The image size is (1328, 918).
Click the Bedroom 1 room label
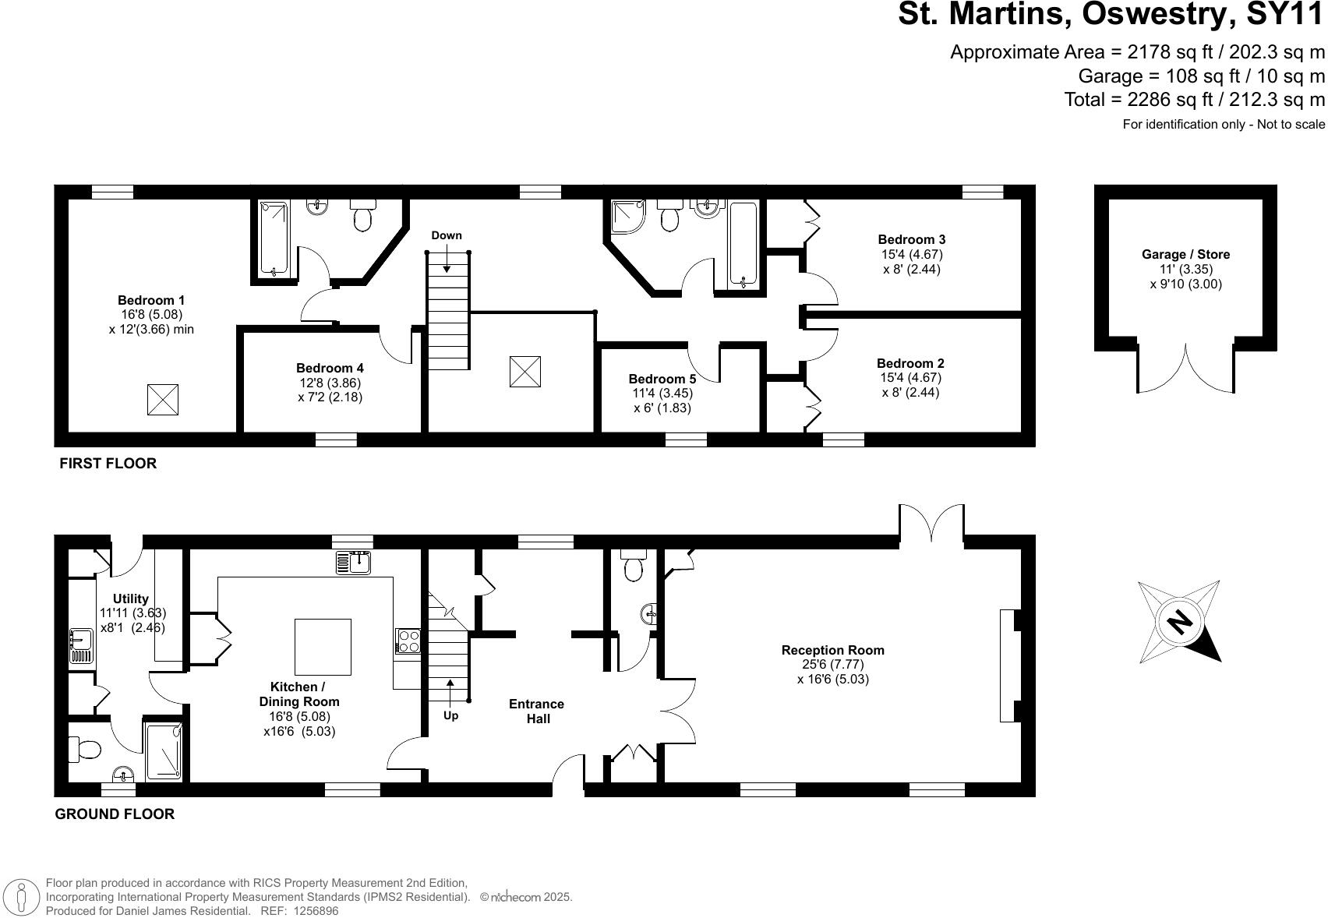tap(151, 300)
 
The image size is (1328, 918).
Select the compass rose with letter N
tap(1179, 621)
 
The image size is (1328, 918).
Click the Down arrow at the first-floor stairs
tap(447, 259)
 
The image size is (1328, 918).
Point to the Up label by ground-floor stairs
tap(450, 715)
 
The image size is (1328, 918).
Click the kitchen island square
tap(323, 647)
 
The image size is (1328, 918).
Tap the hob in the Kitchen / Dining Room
tap(408, 641)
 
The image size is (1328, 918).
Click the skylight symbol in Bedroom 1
tap(163, 400)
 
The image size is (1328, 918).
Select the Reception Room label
tap(832, 650)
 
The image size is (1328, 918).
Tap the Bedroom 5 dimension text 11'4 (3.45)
tap(662, 394)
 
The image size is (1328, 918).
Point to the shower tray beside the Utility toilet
tap(164, 750)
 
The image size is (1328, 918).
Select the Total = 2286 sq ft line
tap(1194, 100)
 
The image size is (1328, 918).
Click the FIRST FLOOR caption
tap(108, 463)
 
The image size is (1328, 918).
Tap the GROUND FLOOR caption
tap(115, 814)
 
